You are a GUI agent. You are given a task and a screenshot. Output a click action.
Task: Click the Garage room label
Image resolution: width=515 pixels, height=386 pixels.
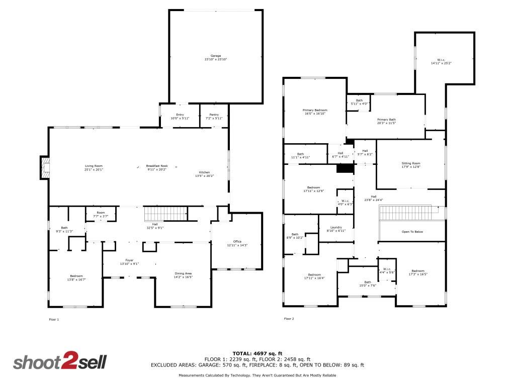(x=215, y=57)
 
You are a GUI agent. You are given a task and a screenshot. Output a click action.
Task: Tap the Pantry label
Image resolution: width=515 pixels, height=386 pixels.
(x=214, y=116)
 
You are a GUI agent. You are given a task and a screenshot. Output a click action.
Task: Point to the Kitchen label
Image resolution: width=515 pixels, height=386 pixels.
(x=204, y=174)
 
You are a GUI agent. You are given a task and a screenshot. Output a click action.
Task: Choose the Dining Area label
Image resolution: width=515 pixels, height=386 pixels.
(x=183, y=275)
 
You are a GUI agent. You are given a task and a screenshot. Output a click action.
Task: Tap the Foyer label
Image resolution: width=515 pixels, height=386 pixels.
(x=129, y=262)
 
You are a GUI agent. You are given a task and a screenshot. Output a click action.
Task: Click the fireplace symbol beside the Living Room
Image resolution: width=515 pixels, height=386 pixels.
(x=45, y=167)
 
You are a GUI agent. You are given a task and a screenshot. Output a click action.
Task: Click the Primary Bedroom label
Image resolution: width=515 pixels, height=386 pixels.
(x=315, y=112)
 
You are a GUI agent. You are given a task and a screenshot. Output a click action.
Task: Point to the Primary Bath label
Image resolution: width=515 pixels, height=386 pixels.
(x=386, y=121)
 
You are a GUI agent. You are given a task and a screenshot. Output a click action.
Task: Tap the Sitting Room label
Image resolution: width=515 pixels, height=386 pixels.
(x=411, y=165)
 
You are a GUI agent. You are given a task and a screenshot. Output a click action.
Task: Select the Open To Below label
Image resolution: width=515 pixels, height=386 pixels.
(x=412, y=232)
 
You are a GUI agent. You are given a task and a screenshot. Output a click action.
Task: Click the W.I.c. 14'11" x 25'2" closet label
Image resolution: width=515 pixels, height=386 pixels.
(x=441, y=62)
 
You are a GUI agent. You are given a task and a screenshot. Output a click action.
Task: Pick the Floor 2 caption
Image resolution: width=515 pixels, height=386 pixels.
(x=289, y=319)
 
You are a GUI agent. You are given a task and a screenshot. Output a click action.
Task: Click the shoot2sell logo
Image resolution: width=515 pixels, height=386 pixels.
(x=59, y=362)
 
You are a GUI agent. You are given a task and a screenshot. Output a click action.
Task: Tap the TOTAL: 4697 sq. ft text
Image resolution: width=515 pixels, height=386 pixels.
(x=257, y=353)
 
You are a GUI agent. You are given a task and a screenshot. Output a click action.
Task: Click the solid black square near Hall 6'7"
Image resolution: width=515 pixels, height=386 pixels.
(x=345, y=168)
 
